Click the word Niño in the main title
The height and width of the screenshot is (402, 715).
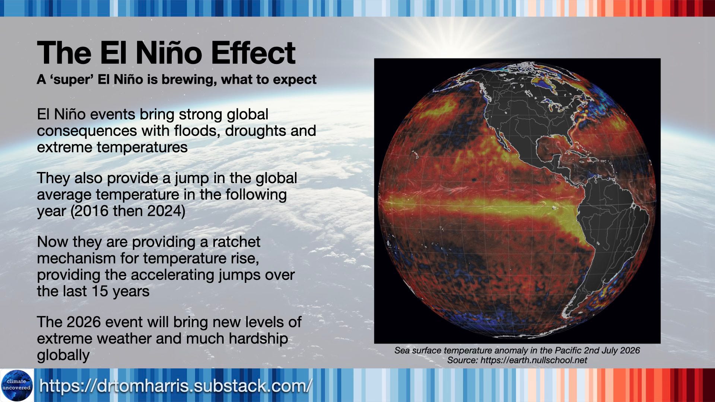coord(169,53)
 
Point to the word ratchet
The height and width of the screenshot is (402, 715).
coord(236,242)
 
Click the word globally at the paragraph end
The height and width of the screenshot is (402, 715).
coord(63,355)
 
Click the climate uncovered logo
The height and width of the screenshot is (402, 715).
coord(17,385)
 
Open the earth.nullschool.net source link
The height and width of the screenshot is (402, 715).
coord(533,360)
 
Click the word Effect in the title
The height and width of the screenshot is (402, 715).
coord(253,53)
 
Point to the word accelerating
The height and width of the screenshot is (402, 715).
coord(173,275)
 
